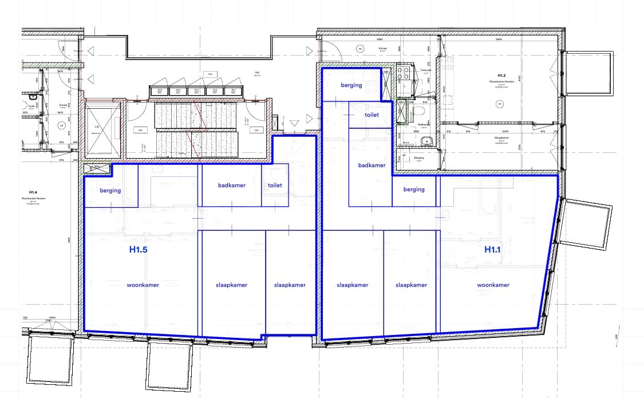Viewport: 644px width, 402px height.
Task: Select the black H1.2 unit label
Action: (501, 76)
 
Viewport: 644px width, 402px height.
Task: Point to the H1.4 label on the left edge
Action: (33, 192)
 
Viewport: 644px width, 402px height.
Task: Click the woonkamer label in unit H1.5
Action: (143, 285)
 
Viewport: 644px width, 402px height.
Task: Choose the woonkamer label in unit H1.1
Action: (493, 285)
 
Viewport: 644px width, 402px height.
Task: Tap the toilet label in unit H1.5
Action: (275, 186)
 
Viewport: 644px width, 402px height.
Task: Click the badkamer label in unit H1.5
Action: (232, 186)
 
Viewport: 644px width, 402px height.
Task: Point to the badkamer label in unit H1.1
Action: (372, 165)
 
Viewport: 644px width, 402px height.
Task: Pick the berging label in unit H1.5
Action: (110, 191)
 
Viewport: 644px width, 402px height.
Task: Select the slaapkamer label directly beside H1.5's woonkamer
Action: (231, 285)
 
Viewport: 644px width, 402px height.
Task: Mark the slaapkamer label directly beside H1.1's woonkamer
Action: (411, 285)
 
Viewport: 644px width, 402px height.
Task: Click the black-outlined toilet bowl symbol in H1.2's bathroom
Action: (420, 111)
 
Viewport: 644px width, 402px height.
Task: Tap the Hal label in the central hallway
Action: (257, 73)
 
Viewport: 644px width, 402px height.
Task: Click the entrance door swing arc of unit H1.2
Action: (333, 52)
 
